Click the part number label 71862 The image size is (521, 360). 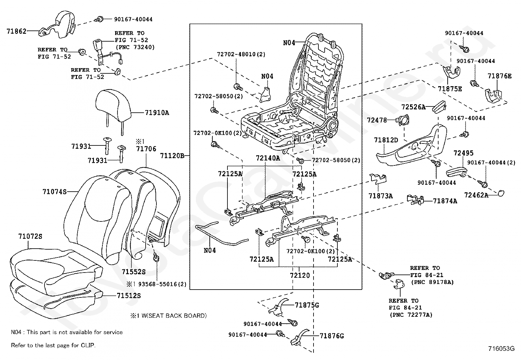pos(16,31)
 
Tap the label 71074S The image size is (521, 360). pos(54,192)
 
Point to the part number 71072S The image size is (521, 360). pos(30,237)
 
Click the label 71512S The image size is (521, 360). pos(129,295)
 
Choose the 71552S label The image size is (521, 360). pos(134,272)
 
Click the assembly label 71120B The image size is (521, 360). pos(172,156)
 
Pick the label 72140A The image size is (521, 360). pos(268,158)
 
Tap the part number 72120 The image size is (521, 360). pos(299,275)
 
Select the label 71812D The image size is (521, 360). pos(386,140)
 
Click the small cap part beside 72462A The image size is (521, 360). pos(501,193)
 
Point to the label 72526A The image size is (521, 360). pos(413,107)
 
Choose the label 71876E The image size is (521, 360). pos(499,76)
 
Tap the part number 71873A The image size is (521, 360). pos(380,196)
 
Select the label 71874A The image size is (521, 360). pos(445,201)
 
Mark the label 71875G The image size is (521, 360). pos(307,305)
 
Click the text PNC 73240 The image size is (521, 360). pos(135,47)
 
